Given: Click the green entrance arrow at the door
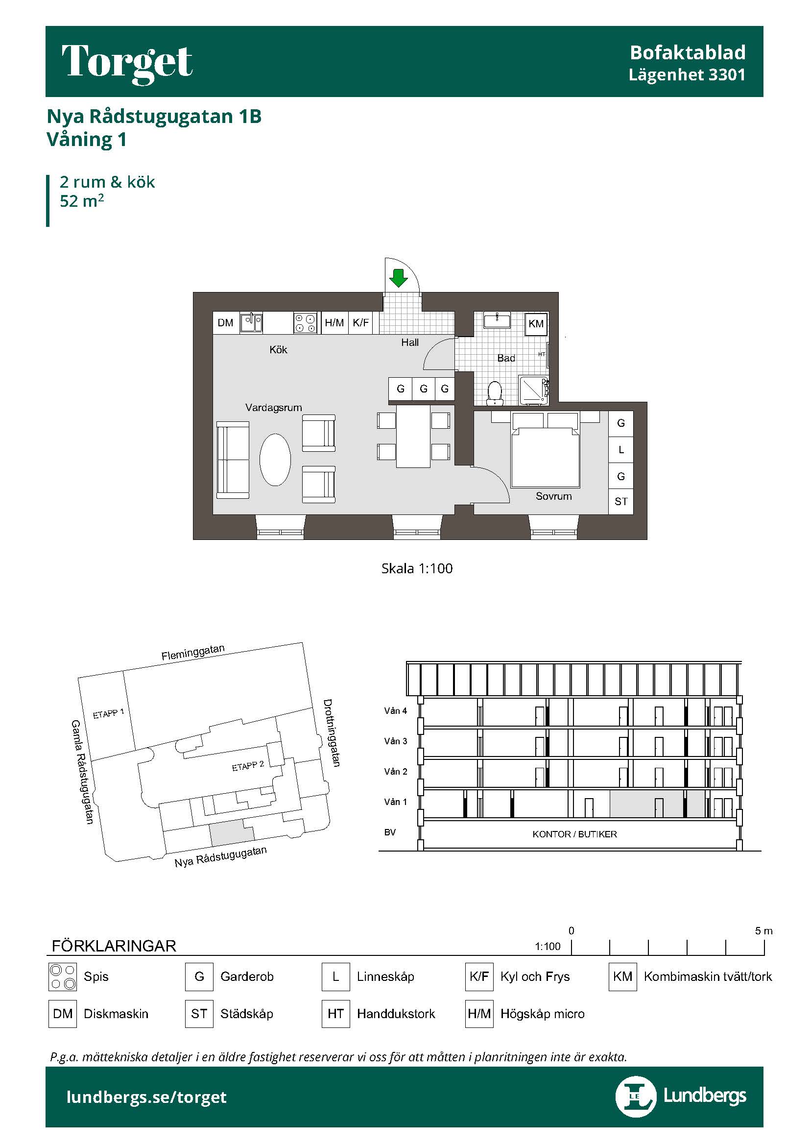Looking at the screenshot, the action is (398, 277).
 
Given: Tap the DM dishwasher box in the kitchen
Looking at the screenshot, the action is (225, 323).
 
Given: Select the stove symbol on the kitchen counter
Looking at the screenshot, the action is (305, 323).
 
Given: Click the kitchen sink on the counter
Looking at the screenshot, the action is (251, 322).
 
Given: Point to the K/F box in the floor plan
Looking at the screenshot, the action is (360, 323).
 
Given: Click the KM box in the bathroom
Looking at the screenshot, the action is (536, 323).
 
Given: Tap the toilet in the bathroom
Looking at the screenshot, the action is (495, 393).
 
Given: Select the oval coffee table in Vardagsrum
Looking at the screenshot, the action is (275, 460).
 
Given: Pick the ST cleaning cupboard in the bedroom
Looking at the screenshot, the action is (621, 502).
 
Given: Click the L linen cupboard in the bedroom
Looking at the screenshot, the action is (621, 450).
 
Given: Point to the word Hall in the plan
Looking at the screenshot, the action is (410, 342).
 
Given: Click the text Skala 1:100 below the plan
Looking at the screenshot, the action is (417, 568).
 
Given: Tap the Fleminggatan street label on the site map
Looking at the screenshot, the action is (193, 652).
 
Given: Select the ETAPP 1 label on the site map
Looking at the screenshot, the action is (108, 714).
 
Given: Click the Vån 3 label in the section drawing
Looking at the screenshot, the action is (396, 741).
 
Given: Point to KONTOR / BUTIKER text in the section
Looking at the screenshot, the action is (574, 834).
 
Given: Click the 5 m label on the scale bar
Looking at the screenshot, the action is (763, 931).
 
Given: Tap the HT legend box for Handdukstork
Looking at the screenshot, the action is (335, 1014).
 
